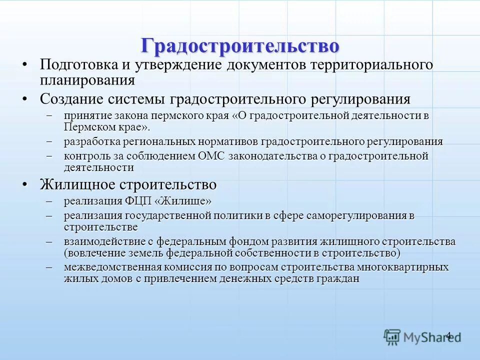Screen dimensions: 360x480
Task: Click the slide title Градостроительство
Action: [240, 45]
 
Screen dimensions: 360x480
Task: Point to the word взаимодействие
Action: [106, 241]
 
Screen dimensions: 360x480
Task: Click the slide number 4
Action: [448, 335]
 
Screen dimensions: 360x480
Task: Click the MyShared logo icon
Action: [392, 337]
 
